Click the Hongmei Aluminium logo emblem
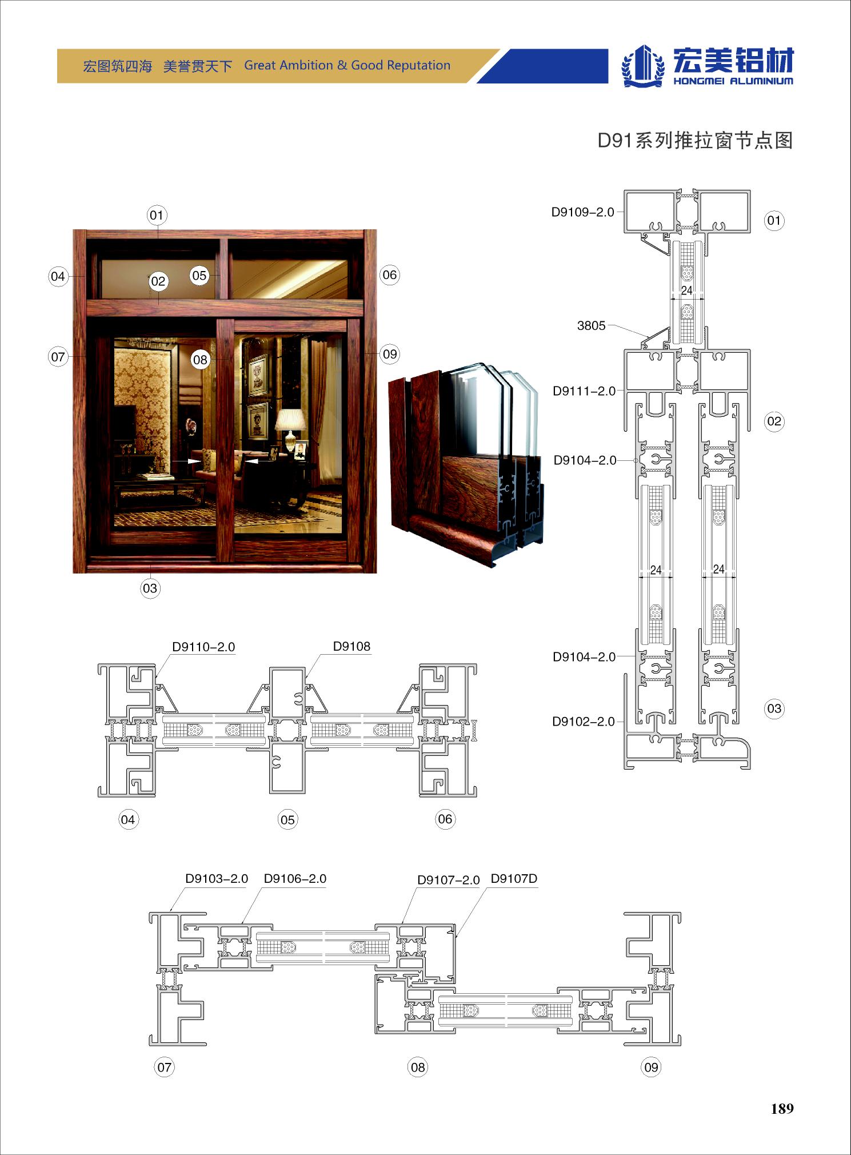click(x=644, y=65)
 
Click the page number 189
click(x=782, y=1109)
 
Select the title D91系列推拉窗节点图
click(x=695, y=140)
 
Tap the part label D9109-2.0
click(x=582, y=212)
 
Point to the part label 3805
click(x=591, y=325)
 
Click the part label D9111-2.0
click(x=584, y=391)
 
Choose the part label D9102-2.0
click(x=584, y=722)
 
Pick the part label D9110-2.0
click(x=203, y=647)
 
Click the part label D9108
click(x=351, y=646)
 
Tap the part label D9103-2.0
click(x=217, y=878)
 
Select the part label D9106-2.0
click(x=295, y=878)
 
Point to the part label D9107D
click(x=514, y=878)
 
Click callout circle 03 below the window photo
click(x=150, y=588)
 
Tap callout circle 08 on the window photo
click(x=200, y=360)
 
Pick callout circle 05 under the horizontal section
click(x=287, y=820)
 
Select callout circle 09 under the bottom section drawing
click(x=651, y=1067)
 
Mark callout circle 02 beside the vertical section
click(x=774, y=421)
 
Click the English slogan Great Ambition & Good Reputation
click(x=347, y=65)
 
